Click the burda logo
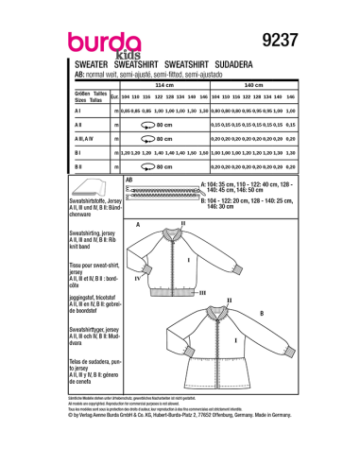click(100, 43)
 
